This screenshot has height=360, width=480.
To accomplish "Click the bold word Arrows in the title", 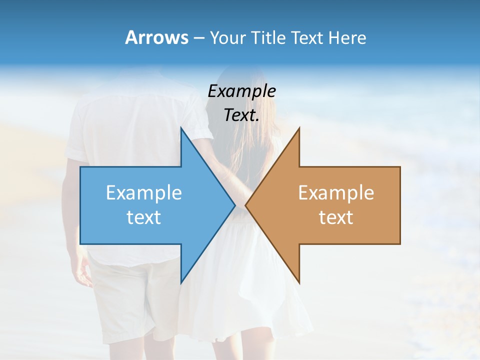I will click(156, 37).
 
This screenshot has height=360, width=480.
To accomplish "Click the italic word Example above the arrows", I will click(242, 91).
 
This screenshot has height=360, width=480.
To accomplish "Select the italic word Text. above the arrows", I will click(242, 115).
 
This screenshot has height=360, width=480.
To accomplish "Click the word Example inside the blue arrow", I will click(144, 193).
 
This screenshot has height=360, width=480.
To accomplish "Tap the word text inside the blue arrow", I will click(144, 217).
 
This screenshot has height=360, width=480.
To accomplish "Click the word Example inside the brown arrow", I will click(336, 193).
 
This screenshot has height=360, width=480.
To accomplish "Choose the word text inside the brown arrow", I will click(336, 217).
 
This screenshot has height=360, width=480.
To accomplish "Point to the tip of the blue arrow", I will click(234, 205).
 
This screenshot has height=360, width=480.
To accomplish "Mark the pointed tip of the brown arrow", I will click(245, 205).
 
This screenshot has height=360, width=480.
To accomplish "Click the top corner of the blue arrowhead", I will click(181, 128).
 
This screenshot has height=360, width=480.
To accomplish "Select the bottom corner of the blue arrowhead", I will click(181, 283).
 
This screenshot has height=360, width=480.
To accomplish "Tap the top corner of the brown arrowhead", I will click(299, 128).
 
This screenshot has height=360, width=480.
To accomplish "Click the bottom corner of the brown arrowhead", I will click(299, 283).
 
